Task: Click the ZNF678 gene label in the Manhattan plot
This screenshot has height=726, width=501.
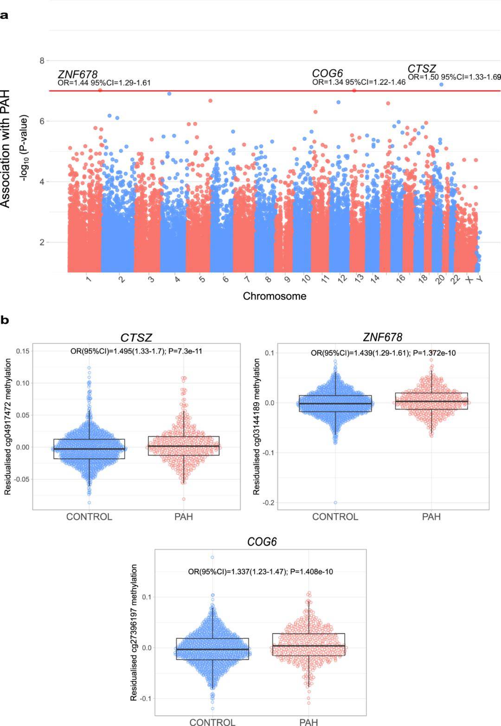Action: tap(77, 74)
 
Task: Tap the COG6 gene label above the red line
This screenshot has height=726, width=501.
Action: tap(327, 73)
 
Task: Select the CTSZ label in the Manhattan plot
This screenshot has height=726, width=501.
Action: tap(422, 69)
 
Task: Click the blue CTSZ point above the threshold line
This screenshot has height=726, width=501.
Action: tap(441, 84)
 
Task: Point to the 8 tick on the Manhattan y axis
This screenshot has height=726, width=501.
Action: tap(42, 61)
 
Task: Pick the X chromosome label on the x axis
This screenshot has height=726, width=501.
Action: tap(469, 280)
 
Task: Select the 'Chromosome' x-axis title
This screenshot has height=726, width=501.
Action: tap(274, 296)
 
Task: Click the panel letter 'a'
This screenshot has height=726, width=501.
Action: tap(4, 15)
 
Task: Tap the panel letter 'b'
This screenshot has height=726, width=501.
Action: tap(4, 320)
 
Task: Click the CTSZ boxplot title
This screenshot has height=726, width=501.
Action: tap(136, 337)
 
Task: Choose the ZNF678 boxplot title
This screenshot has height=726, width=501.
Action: tap(383, 337)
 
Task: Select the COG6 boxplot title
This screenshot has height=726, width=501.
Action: tap(262, 542)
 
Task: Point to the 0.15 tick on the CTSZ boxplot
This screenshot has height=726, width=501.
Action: tap(23, 351)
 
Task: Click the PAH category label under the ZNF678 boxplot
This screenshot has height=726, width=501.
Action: tap(431, 517)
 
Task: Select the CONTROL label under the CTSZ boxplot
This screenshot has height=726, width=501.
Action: tap(89, 517)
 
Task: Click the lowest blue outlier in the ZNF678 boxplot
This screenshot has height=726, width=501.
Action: tap(335, 502)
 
